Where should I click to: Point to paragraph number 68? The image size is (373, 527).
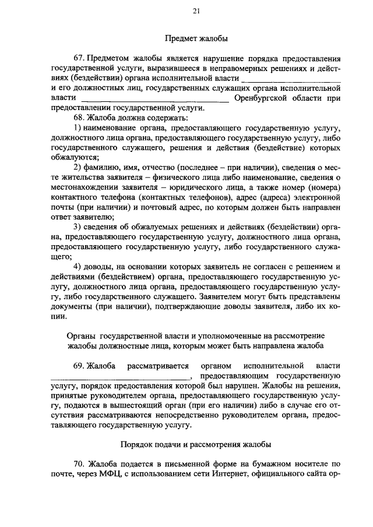point(79,118)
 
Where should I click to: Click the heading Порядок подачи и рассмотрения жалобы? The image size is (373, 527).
point(196,444)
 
